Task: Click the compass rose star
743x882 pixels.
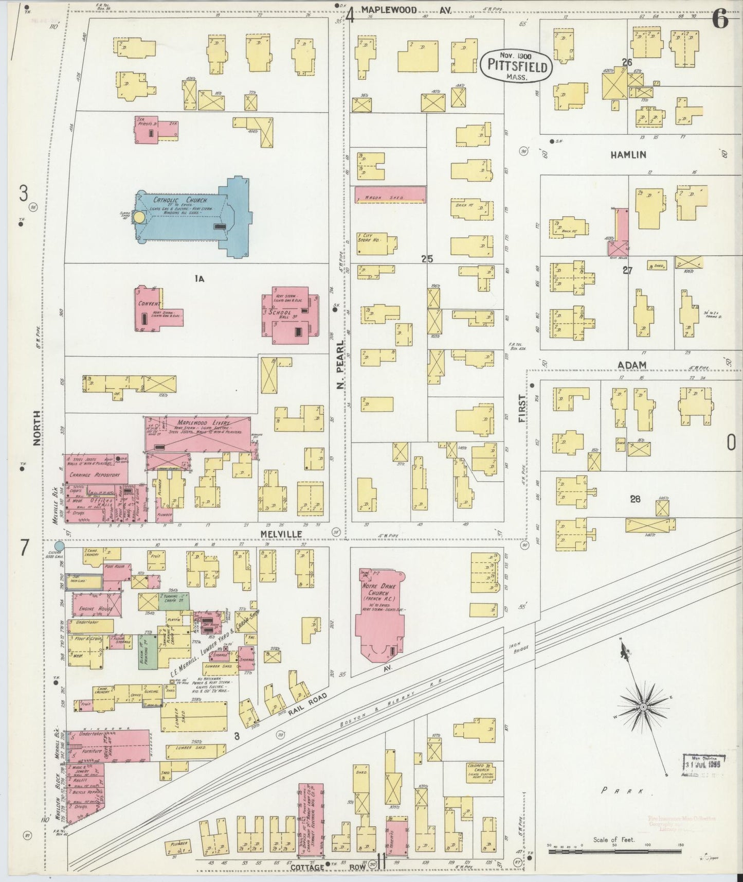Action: [643, 708]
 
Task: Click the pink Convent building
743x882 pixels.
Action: [149, 309]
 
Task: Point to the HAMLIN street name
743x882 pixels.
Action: [628, 154]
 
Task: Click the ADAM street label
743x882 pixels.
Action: [632, 365]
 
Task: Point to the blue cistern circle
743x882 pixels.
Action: [59, 546]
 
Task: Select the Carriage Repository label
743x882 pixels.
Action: [96, 475]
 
